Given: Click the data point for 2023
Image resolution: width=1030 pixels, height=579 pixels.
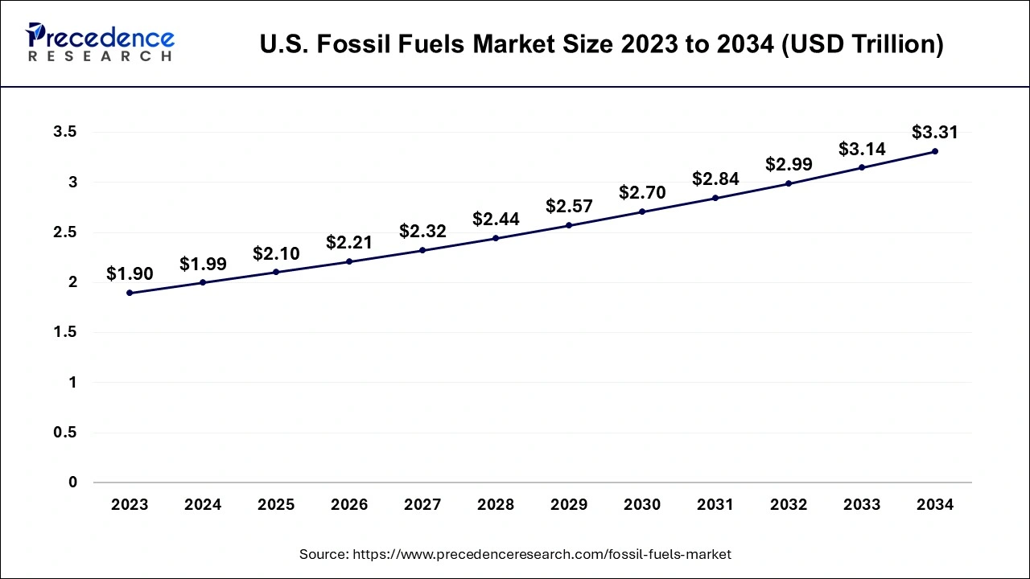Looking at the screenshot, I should pyautogui.click(x=130, y=293).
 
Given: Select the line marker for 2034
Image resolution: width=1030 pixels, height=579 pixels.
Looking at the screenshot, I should pyautogui.click(x=935, y=151).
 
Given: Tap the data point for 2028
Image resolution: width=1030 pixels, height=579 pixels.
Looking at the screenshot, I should pyautogui.click(x=496, y=238).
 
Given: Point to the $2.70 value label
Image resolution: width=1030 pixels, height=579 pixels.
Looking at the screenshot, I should pyautogui.click(x=642, y=192).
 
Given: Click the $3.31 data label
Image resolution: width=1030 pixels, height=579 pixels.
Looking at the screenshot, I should pyautogui.click(x=935, y=132).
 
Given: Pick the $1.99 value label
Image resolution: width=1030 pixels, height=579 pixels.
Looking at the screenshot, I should pyautogui.click(x=203, y=263).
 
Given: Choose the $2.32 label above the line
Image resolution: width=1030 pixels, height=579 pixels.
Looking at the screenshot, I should pyautogui.click(x=422, y=231).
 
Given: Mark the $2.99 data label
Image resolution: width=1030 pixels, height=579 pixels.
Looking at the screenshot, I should pyautogui.click(x=789, y=164).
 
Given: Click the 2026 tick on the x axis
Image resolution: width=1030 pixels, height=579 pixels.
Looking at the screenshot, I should pyautogui.click(x=349, y=505).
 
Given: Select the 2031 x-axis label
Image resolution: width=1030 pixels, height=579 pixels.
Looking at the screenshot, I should pyautogui.click(x=715, y=505).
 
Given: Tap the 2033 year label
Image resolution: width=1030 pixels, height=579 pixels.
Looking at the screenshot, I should pyautogui.click(x=862, y=505).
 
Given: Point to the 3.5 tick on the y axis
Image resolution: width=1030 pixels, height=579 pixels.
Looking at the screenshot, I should pyautogui.click(x=65, y=133).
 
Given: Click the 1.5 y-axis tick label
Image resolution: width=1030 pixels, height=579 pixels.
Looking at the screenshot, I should pyautogui.click(x=65, y=333).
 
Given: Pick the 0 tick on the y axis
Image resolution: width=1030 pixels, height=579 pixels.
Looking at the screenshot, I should pyautogui.click(x=73, y=482).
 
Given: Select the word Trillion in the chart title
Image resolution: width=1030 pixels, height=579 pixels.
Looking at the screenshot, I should pyautogui.click(x=888, y=44).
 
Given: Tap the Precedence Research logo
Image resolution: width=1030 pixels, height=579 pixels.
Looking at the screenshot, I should pyautogui.click(x=100, y=42).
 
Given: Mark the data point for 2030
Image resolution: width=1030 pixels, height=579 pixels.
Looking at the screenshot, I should pyautogui.click(x=642, y=211).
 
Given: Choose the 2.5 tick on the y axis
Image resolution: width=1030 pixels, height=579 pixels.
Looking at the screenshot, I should pyautogui.click(x=65, y=232).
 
